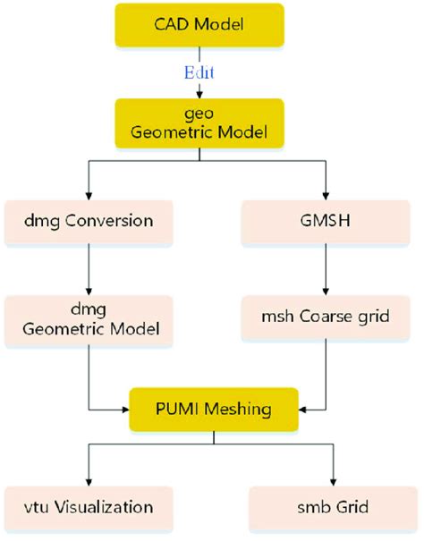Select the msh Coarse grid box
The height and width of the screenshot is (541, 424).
328,317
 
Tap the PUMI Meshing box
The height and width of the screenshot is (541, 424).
212,410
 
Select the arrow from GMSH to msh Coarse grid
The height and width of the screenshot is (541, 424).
328,269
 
